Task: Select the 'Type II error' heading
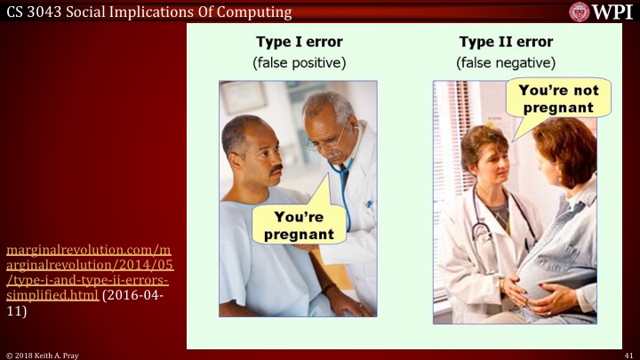coord(505,42)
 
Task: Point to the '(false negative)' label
coord(505,63)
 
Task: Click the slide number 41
coord(628,354)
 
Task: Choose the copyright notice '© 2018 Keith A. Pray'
coord(42,354)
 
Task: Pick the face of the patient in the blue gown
coord(251,151)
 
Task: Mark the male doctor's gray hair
coord(332,105)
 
